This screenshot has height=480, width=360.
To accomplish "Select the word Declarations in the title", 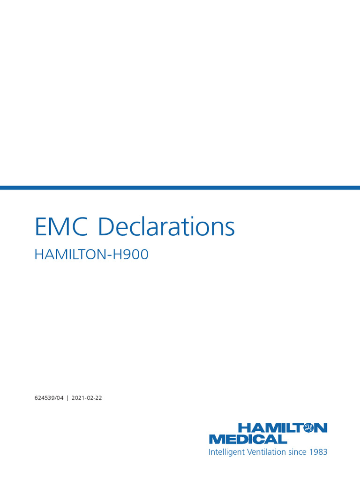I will click(x=167, y=227).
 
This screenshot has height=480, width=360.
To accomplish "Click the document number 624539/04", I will click(x=49, y=398).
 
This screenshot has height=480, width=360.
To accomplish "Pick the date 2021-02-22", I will click(x=87, y=398).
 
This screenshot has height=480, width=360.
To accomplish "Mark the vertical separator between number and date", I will click(x=67, y=398).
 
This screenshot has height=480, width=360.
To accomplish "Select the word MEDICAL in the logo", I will click(x=248, y=439).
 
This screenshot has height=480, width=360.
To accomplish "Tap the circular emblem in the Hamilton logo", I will click(x=308, y=427).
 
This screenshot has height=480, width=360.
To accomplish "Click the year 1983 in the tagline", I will click(x=319, y=452).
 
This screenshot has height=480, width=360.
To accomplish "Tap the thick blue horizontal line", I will click(x=180, y=187).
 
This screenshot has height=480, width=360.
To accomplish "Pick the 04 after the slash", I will click(x=59, y=398).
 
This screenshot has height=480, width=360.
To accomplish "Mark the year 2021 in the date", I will click(x=78, y=398).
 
